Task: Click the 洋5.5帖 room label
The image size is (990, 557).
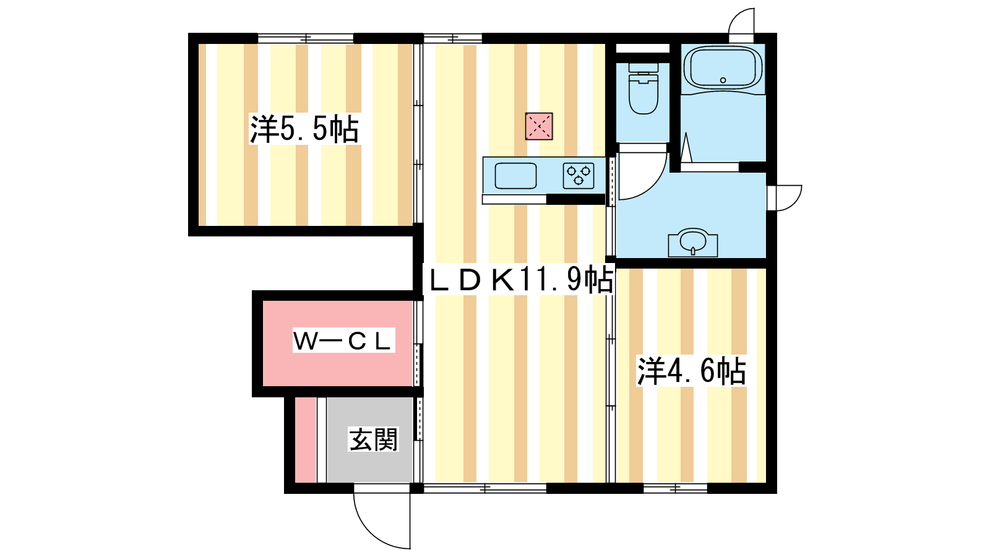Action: tap(304, 129)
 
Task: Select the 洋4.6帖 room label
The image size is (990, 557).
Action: tap(691, 371)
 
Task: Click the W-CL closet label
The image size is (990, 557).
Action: tap(343, 340)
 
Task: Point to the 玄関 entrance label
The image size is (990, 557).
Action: tap(374, 439)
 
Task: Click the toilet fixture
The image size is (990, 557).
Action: tap(643, 89)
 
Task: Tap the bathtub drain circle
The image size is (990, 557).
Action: tap(723, 80)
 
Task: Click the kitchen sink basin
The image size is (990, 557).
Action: tap(515, 176)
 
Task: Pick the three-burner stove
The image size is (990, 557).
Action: tap(578, 176)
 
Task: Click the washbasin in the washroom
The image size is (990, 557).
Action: tap(692, 242)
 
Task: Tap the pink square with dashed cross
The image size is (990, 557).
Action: tap(539, 126)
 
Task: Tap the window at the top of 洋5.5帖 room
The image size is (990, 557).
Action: tap(306, 38)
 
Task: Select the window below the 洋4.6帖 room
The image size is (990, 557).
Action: tap(675, 488)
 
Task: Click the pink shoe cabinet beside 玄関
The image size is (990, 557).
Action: tap(306, 440)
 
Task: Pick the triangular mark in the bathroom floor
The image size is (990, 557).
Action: tap(686, 147)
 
